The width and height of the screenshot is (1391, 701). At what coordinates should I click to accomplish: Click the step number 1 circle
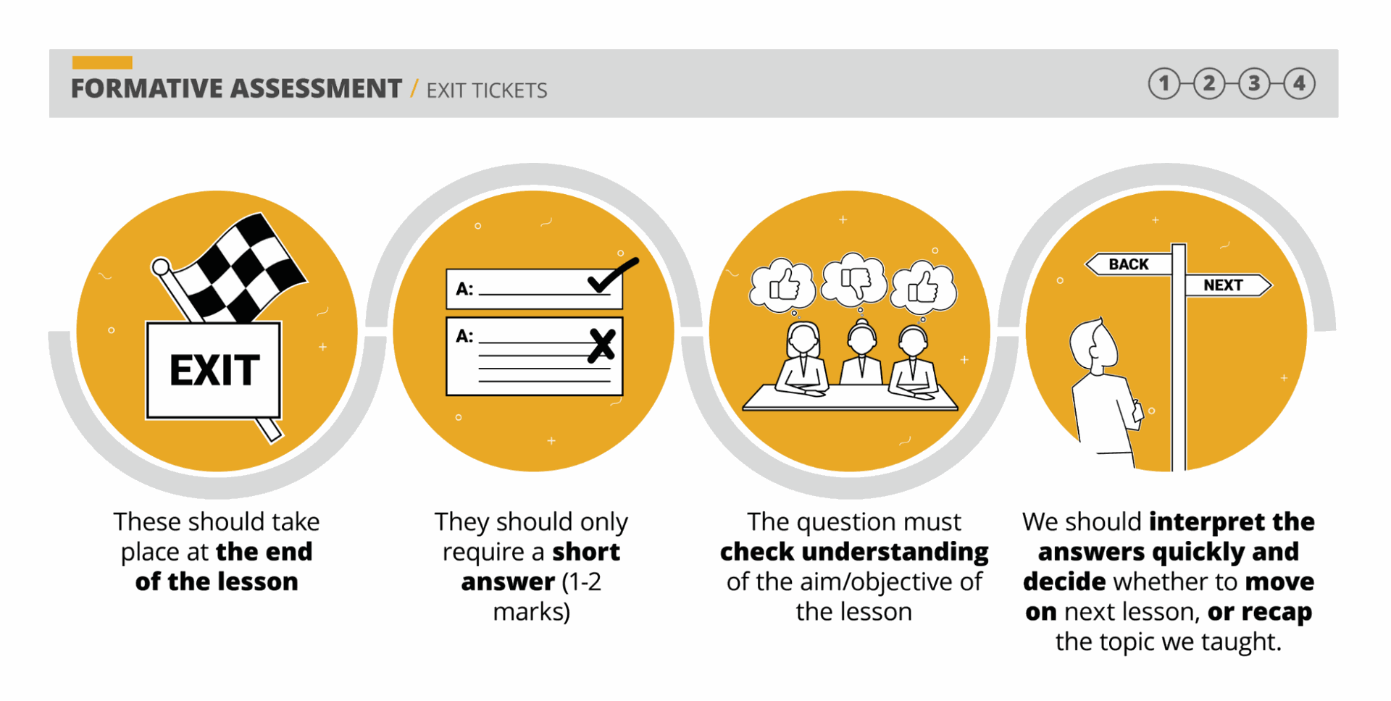tap(1164, 84)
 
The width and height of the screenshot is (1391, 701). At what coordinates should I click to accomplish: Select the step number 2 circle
tap(1209, 84)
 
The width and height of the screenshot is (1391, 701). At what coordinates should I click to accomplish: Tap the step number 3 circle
tap(1254, 84)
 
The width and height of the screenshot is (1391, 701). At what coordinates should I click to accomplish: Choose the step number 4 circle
tap(1300, 84)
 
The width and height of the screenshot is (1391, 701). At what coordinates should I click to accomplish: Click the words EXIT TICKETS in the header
tap(487, 91)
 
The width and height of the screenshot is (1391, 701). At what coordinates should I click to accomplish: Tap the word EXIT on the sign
tap(214, 370)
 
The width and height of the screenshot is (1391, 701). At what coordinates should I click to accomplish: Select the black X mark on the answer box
tap(602, 345)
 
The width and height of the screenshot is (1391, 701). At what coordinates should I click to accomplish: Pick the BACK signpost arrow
tap(1128, 264)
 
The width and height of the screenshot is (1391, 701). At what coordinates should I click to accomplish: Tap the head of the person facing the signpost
tap(1094, 346)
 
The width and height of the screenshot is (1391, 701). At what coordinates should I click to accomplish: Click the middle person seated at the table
tap(861, 355)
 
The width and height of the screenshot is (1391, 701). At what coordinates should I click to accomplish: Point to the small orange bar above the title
tap(102, 62)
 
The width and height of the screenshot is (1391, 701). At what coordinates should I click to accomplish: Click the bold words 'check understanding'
tap(854, 552)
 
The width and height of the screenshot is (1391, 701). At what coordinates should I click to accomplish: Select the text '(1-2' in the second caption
tap(582, 582)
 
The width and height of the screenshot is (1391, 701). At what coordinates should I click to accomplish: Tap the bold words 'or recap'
tap(1260, 613)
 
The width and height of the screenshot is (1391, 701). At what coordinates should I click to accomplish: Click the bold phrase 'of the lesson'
tap(217, 582)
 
